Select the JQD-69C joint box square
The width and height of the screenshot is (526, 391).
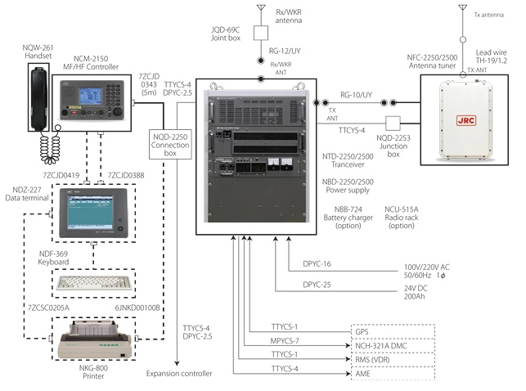261,33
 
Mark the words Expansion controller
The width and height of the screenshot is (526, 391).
179,373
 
